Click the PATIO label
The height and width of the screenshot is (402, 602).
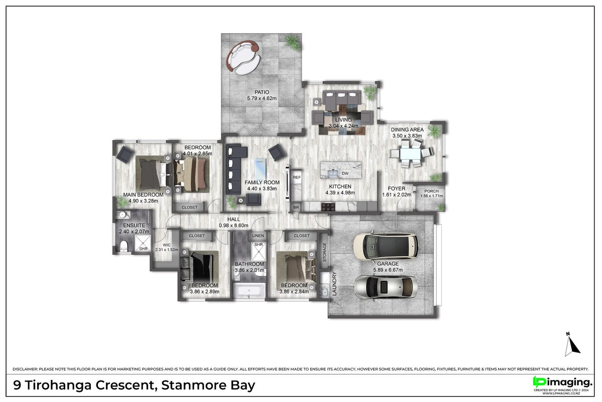(262, 92)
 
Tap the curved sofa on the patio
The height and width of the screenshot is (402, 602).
(244, 58)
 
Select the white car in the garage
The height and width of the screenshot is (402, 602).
(386, 246)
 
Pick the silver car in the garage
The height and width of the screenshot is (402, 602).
(386, 287)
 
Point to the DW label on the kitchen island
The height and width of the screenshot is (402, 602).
(345, 174)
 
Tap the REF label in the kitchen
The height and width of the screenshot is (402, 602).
(297, 177)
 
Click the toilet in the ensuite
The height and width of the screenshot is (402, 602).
(124, 246)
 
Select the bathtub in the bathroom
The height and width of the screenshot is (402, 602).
(249, 290)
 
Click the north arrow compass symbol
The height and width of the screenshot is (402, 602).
(572, 344)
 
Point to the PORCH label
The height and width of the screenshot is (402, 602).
(431, 191)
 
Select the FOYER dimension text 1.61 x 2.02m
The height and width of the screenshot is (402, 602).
(397, 195)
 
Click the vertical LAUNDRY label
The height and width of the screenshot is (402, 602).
(334, 283)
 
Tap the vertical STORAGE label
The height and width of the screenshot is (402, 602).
(324, 252)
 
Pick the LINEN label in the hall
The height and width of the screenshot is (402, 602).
(258, 236)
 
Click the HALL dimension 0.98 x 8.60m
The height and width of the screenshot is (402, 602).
(233, 226)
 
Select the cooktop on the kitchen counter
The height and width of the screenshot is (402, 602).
(328, 207)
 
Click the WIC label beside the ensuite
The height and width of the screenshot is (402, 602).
(167, 245)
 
